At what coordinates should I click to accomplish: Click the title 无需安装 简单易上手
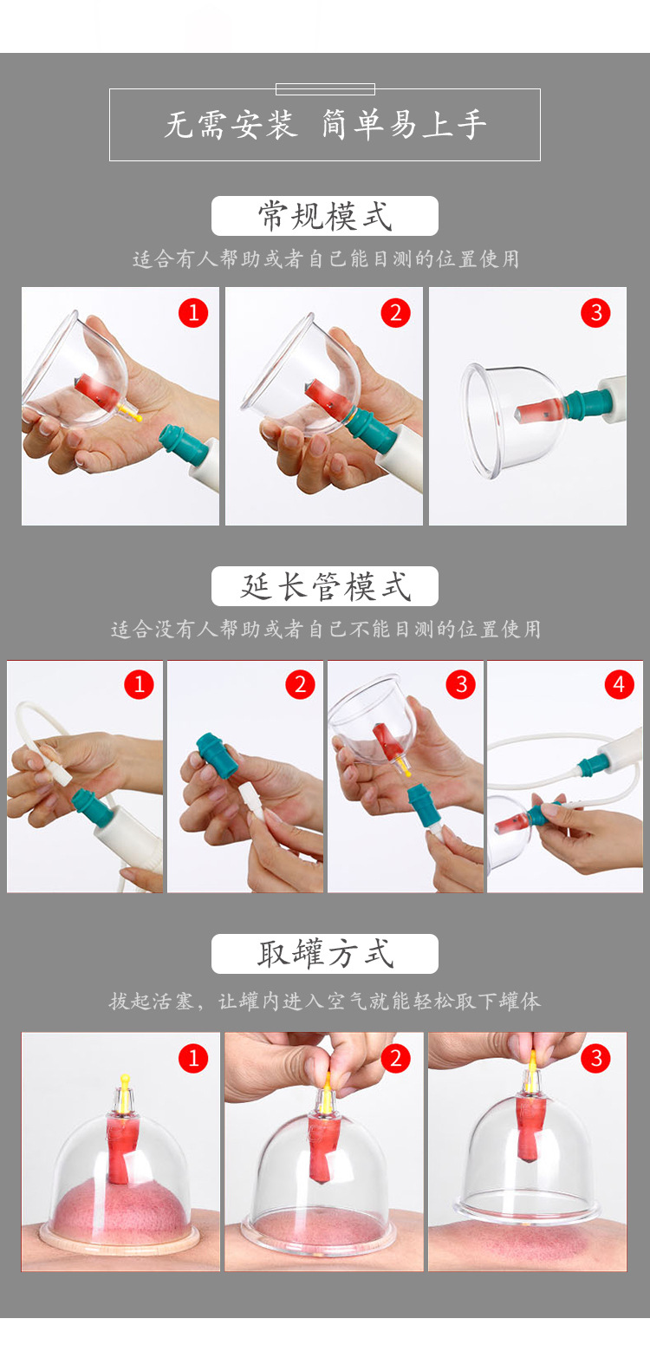click(x=325, y=125)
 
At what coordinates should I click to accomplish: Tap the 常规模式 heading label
click(x=325, y=216)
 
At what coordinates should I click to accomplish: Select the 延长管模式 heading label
click(x=325, y=586)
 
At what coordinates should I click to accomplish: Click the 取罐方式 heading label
click(x=325, y=954)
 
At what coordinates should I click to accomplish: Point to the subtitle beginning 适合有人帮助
click(x=325, y=259)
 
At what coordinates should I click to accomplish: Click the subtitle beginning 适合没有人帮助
click(x=325, y=630)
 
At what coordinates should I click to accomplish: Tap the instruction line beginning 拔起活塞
click(x=325, y=1001)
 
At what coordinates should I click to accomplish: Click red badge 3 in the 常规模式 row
click(x=595, y=313)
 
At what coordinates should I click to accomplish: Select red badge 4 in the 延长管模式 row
click(x=619, y=684)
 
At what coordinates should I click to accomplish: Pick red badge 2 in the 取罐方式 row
click(x=395, y=1058)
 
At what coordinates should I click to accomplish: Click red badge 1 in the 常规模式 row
click(x=193, y=313)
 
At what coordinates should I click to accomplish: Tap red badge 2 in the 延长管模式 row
click(x=300, y=684)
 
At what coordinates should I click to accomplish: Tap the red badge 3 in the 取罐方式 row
click(x=595, y=1058)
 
